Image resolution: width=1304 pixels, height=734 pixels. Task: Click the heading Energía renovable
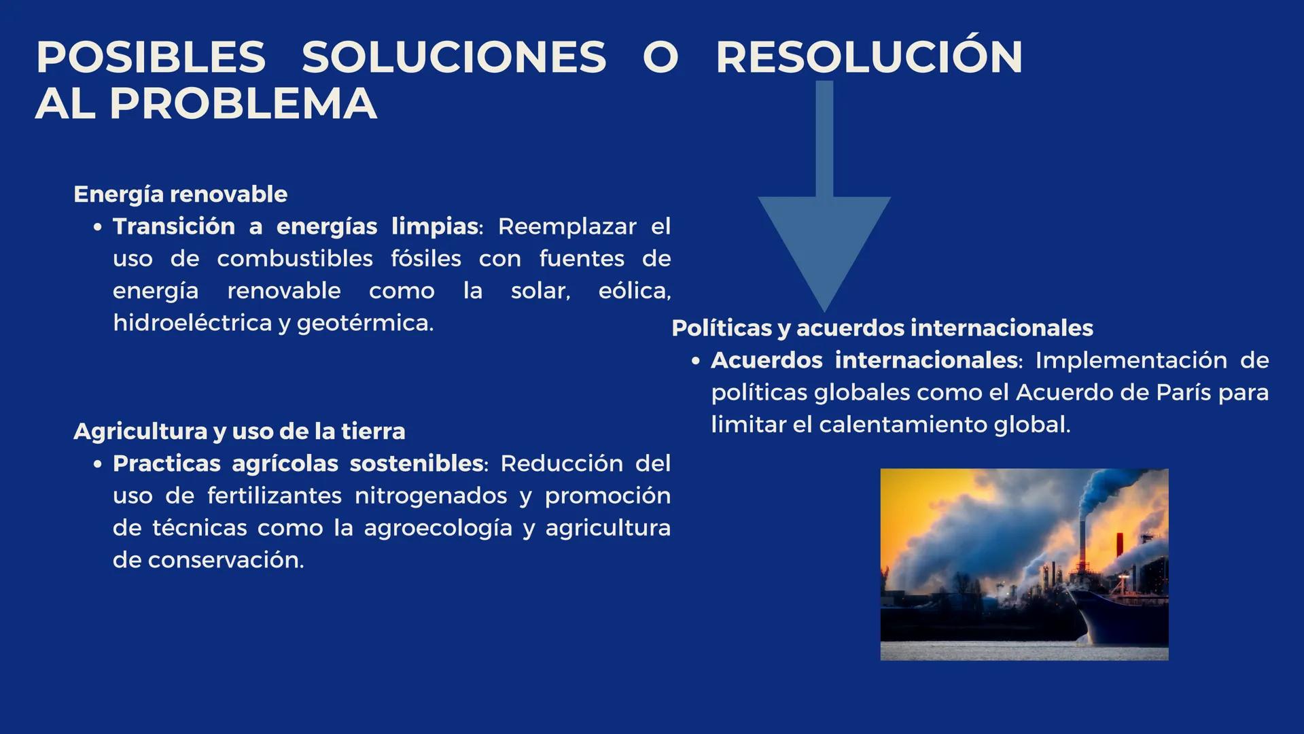[180, 194]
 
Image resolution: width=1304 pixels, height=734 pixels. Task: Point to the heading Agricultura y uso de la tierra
[239, 431]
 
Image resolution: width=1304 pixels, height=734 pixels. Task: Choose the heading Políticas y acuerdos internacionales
[882, 328]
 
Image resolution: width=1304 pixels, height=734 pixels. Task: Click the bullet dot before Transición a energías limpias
[99, 227]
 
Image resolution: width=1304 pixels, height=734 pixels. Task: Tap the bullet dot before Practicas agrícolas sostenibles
[99, 464]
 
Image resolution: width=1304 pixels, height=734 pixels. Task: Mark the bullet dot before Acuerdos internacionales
[695, 361]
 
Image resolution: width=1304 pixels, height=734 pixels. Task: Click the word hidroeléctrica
[192, 322]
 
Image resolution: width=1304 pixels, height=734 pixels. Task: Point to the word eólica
[634, 290]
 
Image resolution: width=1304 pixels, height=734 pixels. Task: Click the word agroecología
[438, 527]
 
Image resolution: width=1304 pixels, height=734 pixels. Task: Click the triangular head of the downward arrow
[824, 245]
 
